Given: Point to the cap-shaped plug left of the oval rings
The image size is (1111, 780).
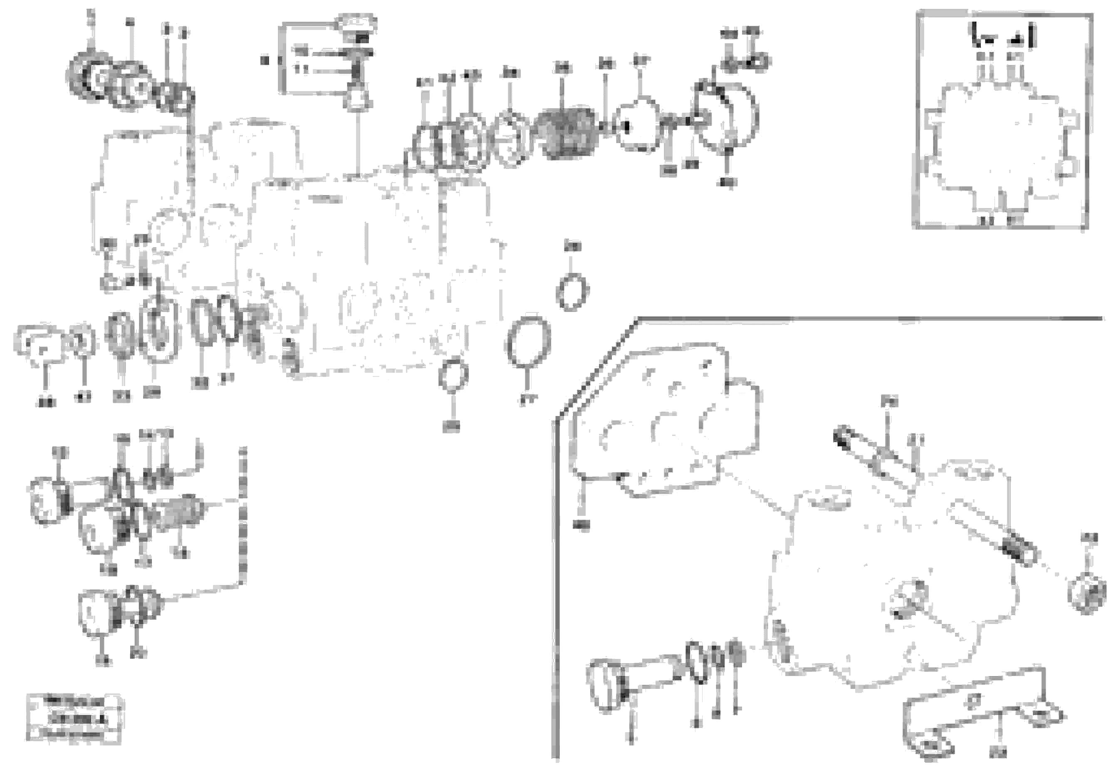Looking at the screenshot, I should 39,344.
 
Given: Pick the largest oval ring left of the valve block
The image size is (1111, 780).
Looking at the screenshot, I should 158,330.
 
